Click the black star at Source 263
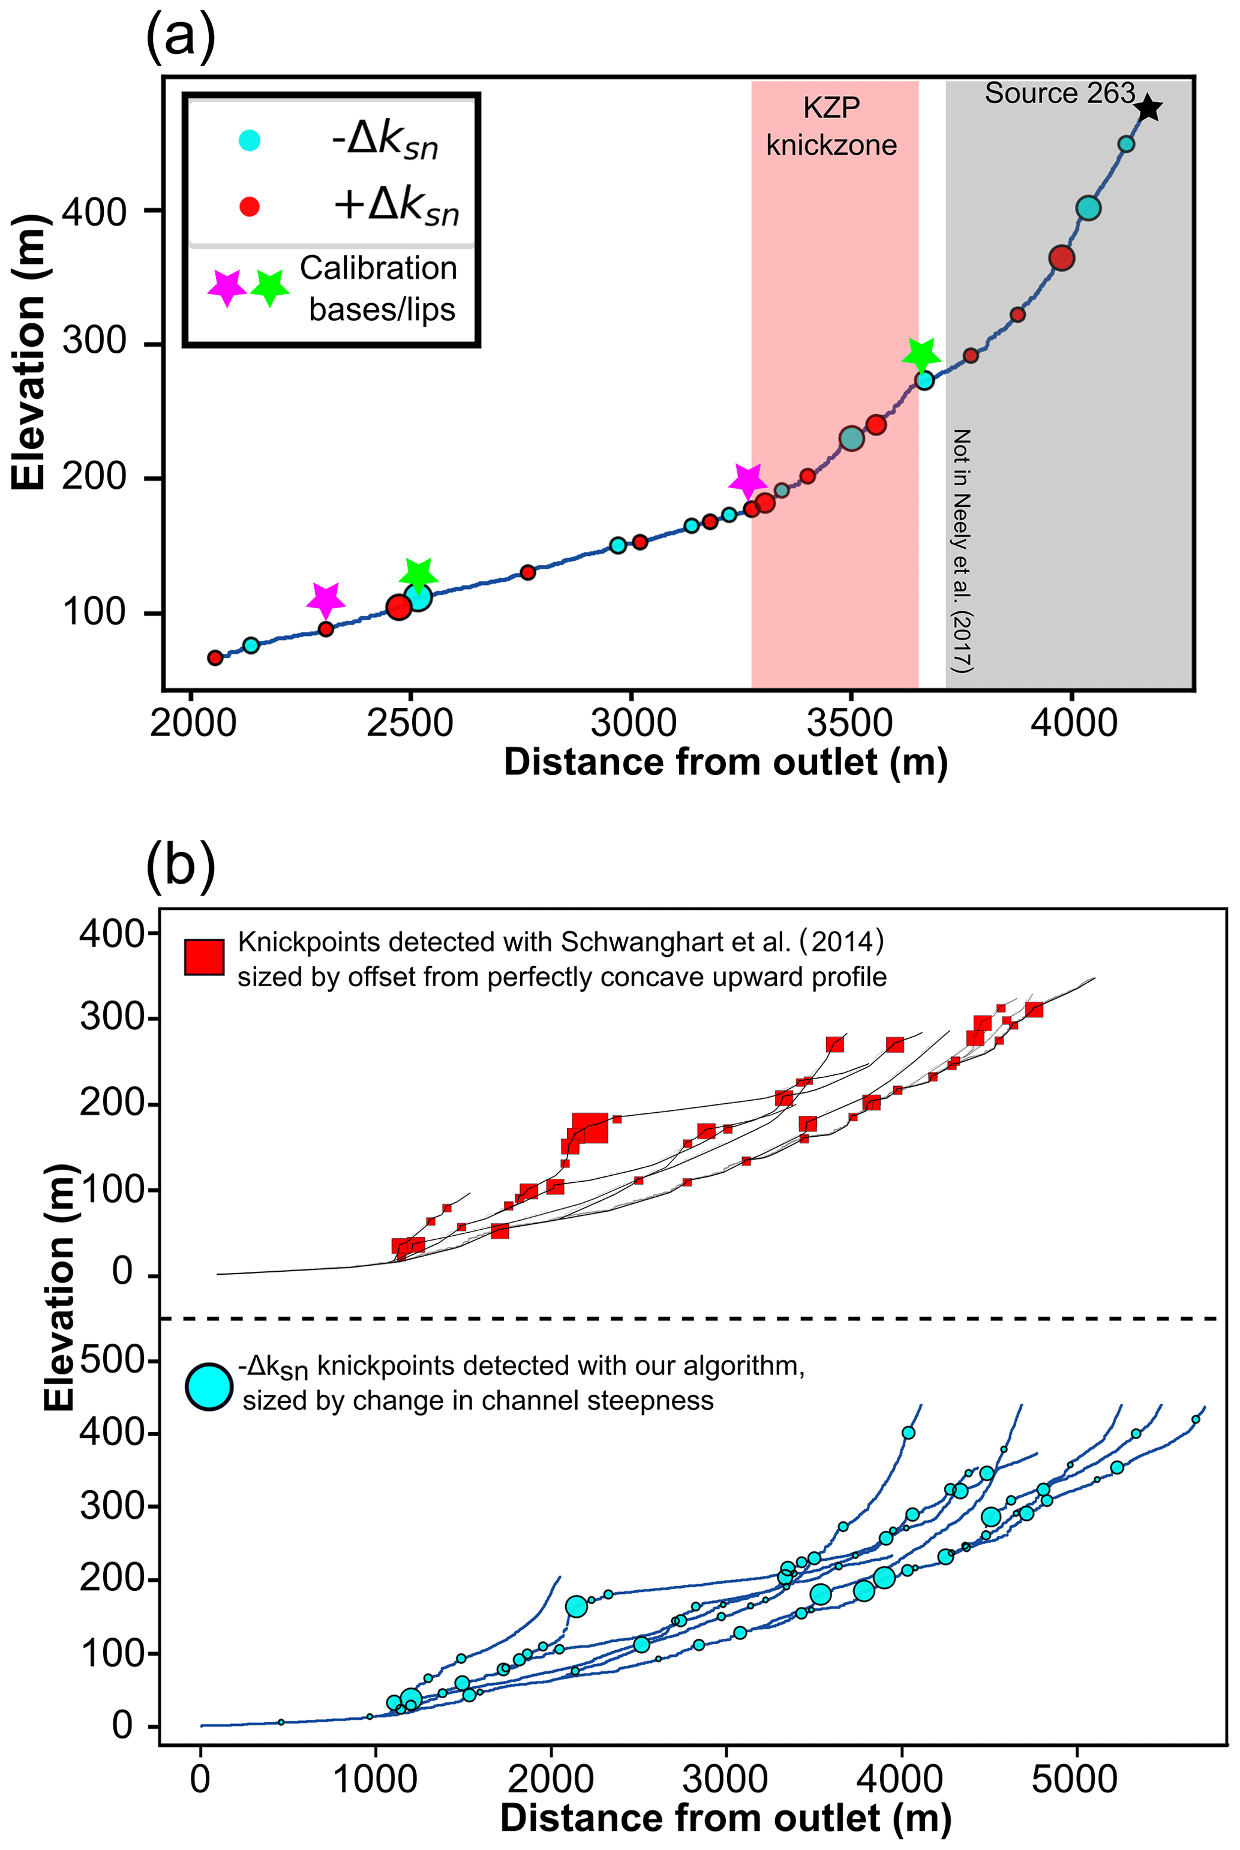tap(1148, 109)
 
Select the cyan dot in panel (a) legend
tap(250, 141)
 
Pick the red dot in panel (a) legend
tap(250, 207)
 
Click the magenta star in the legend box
tap(227, 288)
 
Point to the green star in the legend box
tap(270, 288)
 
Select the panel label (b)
tap(181, 866)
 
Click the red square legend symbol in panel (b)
tap(204, 957)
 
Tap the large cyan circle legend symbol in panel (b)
tap(209, 1387)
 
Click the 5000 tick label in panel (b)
tap(1074, 1780)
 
